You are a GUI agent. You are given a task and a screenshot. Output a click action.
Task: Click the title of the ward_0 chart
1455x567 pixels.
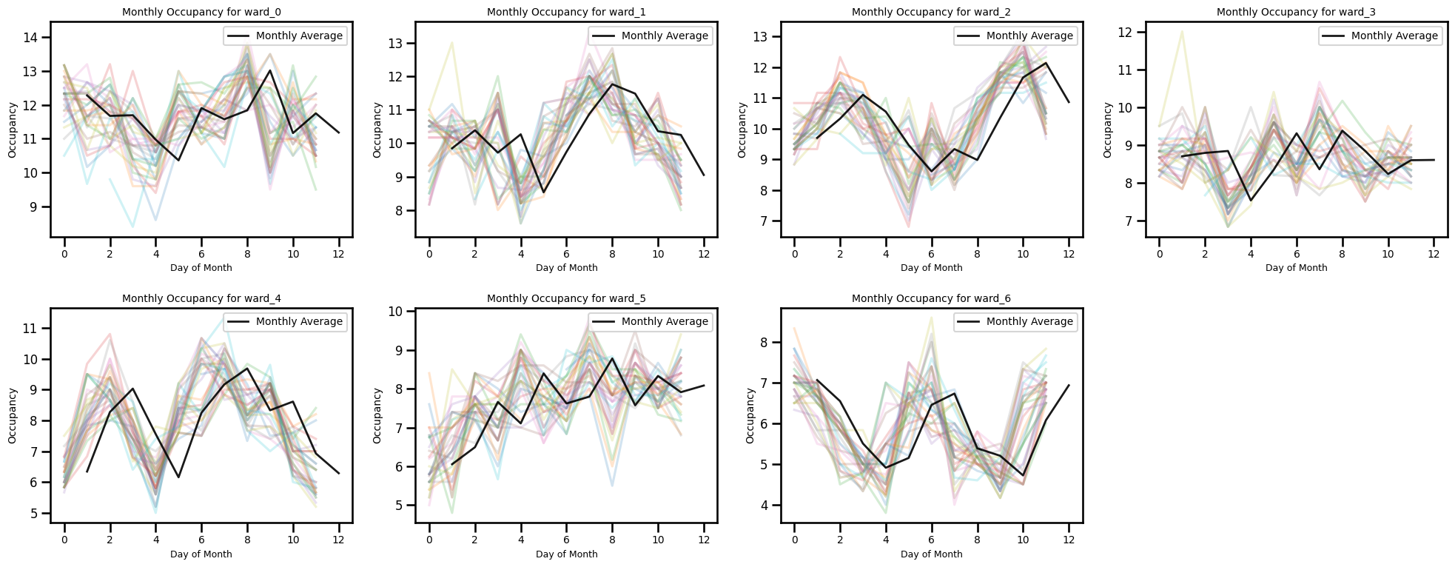coord(201,13)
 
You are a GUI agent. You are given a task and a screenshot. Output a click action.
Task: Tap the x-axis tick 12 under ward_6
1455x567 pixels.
coord(1069,540)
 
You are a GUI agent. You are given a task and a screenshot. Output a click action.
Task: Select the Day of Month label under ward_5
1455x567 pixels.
coord(566,554)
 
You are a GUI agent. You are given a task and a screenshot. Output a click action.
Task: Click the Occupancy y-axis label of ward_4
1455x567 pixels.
coord(13,416)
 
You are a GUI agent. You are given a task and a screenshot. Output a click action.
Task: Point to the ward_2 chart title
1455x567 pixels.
coord(931,13)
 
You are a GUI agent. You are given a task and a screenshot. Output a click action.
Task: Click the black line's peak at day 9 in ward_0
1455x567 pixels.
coord(270,71)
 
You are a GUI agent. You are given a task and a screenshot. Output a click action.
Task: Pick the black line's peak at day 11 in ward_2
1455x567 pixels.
coord(1046,63)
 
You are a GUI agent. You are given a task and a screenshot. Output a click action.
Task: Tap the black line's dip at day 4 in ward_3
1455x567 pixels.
coord(1251,201)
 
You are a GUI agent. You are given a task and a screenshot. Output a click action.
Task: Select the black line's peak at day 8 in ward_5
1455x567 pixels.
coord(612,358)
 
